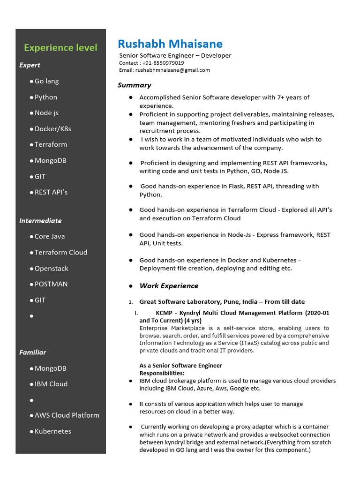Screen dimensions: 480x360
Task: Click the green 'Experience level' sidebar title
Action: (60, 48)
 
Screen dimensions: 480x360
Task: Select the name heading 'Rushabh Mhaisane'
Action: (170, 44)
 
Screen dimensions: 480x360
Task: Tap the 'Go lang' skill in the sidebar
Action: (46, 81)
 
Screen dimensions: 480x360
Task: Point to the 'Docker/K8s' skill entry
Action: (52, 129)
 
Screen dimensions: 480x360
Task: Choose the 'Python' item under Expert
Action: (45, 97)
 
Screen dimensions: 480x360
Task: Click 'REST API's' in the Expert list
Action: (51, 192)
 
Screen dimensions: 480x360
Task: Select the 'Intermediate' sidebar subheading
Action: (40, 221)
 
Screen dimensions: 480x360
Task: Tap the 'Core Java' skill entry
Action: (50, 236)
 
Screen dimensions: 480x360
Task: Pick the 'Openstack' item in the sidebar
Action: (51, 269)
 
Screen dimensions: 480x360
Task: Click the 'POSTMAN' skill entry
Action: (51, 284)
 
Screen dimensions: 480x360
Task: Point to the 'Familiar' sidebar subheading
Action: (32, 352)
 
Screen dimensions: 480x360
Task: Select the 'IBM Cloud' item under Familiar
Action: (51, 384)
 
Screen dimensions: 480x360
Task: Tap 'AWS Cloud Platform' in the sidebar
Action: (67, 415)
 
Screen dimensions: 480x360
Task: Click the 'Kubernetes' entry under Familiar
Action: (52, 431)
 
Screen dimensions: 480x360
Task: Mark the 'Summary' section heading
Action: (134, 85)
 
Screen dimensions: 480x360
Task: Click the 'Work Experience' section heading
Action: (169, 286)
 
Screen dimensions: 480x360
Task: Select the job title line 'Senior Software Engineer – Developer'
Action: (175, 56)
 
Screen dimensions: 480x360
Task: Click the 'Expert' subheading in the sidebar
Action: (30, 65)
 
